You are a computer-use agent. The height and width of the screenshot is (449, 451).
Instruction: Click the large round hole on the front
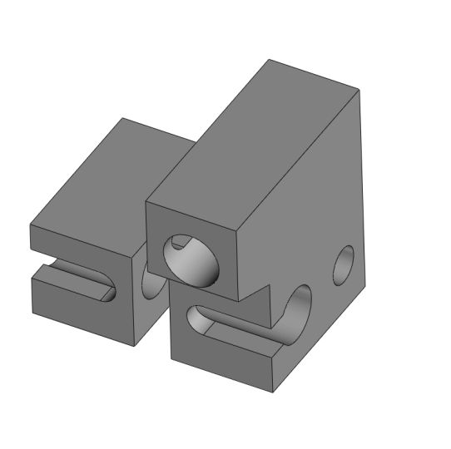point(192,260)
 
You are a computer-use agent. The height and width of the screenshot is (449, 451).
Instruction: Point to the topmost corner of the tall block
point(269,60)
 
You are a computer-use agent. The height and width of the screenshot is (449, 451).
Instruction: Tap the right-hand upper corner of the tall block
point(359,88)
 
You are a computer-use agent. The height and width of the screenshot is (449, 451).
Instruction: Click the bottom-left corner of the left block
point(32,313)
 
